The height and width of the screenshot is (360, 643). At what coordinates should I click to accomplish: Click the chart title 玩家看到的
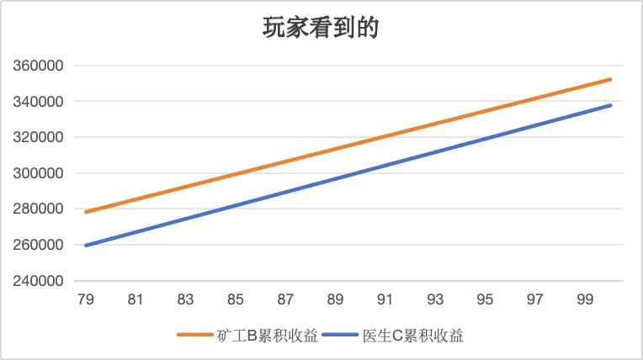[x=321, y=28]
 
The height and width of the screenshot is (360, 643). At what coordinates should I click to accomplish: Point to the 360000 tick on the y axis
[x=38, y=66]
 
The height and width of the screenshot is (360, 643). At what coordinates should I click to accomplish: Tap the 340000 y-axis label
[x=38, y=102]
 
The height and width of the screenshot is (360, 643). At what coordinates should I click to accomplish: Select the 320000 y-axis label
[x=38, y=137]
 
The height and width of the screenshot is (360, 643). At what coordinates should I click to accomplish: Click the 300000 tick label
[x=38, y=173]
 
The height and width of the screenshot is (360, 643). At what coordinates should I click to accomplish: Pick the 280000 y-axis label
[x=38, y=209]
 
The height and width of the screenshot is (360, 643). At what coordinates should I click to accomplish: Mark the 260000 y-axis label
[x=38, y=246]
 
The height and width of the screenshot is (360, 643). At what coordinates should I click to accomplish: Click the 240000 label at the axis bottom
[x=38, y=281]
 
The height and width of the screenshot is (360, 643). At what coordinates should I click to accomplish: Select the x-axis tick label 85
[x=236, y=299]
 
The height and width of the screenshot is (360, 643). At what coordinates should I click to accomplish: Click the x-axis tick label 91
[x=385, y=299]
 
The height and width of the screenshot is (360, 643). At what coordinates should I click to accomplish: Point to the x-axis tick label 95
[x=486, y=299]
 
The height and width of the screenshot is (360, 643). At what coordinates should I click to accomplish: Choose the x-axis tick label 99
[x=585, y=299]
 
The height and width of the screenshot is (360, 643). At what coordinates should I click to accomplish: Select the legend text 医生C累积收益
[x=412, y=336]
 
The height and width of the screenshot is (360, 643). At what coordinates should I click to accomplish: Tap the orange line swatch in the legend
[x=195, y=336]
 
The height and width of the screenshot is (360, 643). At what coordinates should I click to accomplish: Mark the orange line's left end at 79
[x=86, y=212]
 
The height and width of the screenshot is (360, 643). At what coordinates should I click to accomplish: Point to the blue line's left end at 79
[x=86, y=246]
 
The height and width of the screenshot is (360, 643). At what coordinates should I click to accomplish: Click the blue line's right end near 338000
[x=610, y=105]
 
